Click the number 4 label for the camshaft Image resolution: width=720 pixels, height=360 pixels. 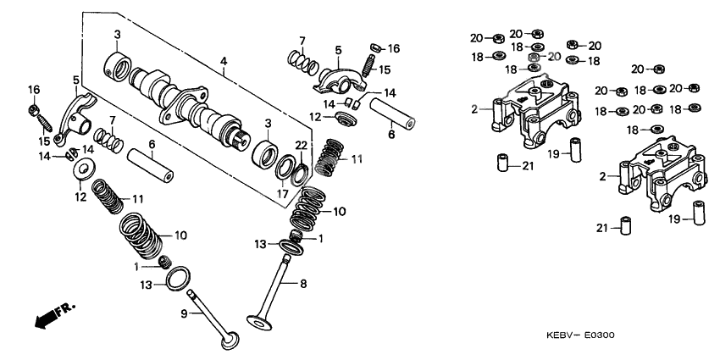(x=224, y=61)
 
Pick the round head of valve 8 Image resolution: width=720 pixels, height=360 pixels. (x=258, y=320)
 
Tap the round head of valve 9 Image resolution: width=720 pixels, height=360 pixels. (x=228, y=341)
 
